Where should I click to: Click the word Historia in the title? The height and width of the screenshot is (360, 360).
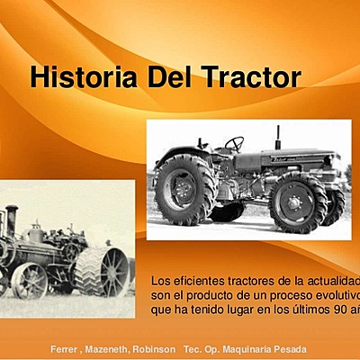click(x=79, y=77)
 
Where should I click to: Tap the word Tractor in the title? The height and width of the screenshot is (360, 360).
click(x=249, y=77)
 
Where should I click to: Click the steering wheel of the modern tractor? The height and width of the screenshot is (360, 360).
click(x=234, y=144)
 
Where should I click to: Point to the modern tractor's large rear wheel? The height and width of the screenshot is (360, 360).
click(x=185, y=188)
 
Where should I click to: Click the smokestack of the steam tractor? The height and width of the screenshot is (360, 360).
click(x=11, y=221)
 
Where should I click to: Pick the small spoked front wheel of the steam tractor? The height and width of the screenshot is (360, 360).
click(x=30, y=280)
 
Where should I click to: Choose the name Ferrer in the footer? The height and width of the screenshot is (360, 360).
click(x=65, y=348)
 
